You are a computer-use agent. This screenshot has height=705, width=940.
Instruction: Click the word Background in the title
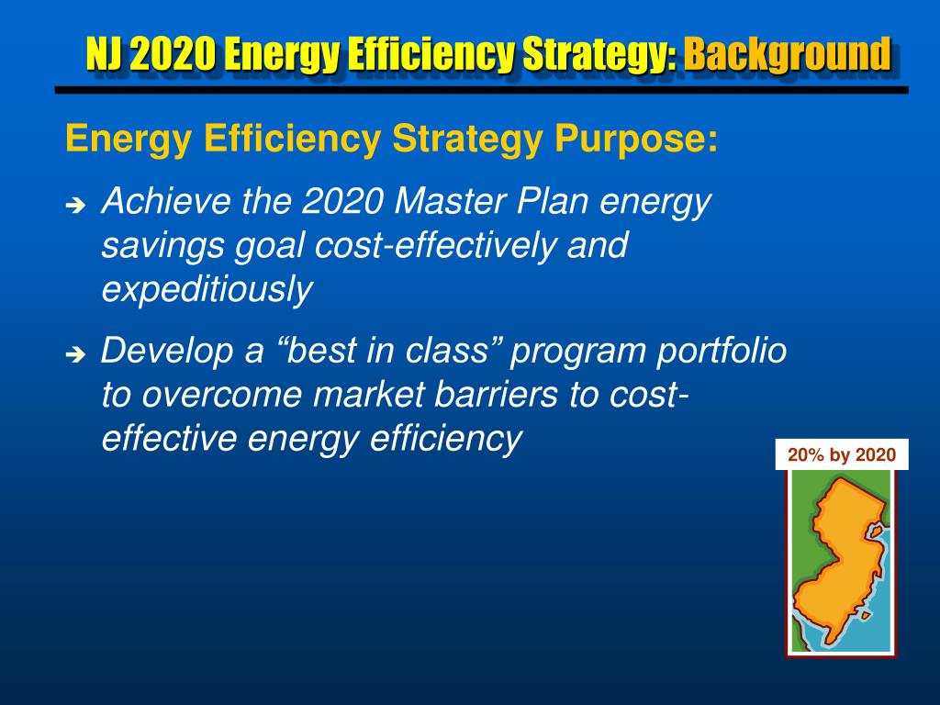[x=786, y=54]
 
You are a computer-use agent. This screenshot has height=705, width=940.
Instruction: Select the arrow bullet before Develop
[x=75, y=353]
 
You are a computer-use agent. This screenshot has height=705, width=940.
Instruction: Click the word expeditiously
[x=207, y=290]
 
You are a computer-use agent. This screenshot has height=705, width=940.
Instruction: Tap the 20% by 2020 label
[x=841, y=455]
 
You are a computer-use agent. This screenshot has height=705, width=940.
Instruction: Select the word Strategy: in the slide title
[x=599, y=54]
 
